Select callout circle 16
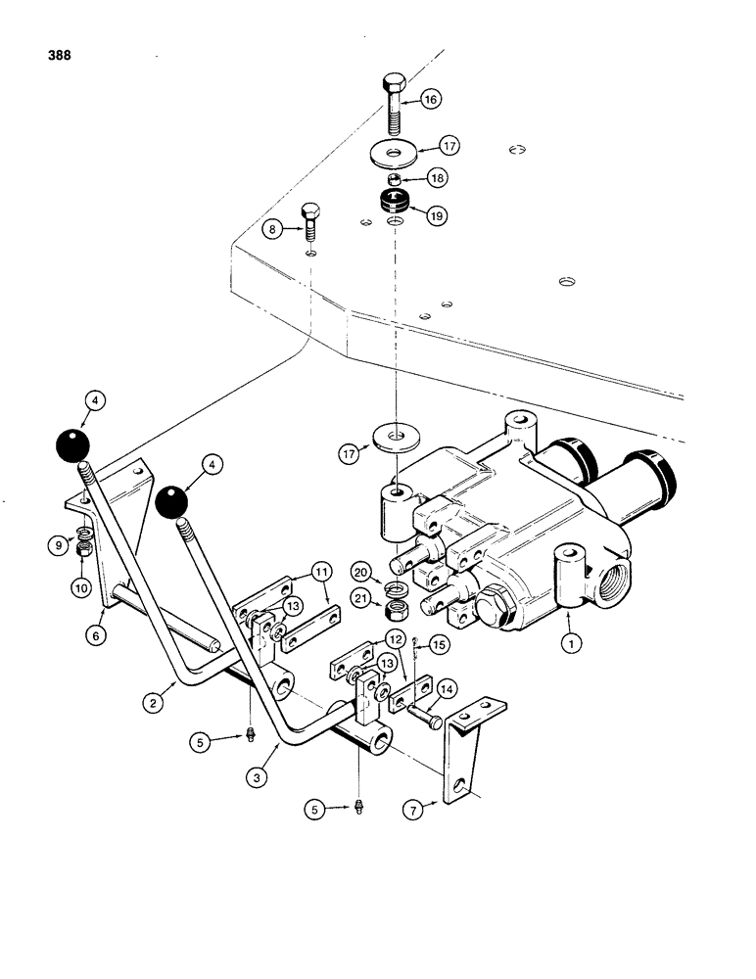click(x=431, y=99)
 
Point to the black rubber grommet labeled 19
click(x=394, y=206)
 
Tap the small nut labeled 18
click(x=393, y=179)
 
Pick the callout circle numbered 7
click(x=414, y=810)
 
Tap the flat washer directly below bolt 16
click(x=393, y=153)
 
